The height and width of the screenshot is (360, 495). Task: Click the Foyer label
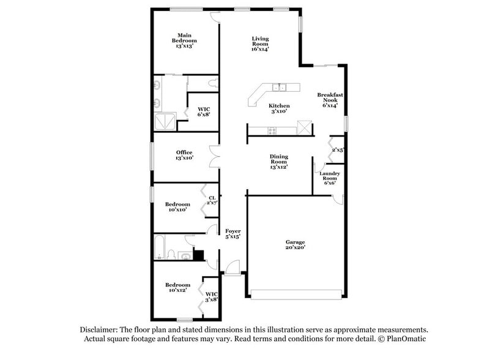pos(232,233)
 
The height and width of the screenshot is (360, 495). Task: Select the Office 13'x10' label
pos(184,155)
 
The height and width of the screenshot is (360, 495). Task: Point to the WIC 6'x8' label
pos(203,112)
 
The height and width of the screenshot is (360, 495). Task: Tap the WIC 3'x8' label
pos(211,297)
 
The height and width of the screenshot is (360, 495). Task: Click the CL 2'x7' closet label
pos(212,200)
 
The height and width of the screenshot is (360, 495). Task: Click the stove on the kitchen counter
pos(271,129)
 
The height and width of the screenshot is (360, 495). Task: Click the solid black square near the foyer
pos(198,255)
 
